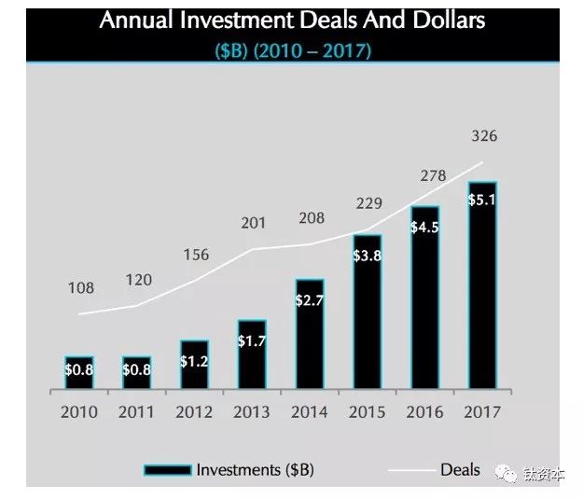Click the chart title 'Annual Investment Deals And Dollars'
(292, 20)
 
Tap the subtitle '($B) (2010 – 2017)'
(292, 50)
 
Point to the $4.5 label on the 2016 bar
(424, 229)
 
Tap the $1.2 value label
(195, 360)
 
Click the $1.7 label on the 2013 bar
(252, 341)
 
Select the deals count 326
(484, 136)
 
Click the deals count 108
(81, 288)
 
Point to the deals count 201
(254, 223)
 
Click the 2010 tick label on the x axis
(79, 411)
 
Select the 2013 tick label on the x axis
(252, 411)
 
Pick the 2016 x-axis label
(424, 411)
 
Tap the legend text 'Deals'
(460, 469)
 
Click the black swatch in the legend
(167, 469)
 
